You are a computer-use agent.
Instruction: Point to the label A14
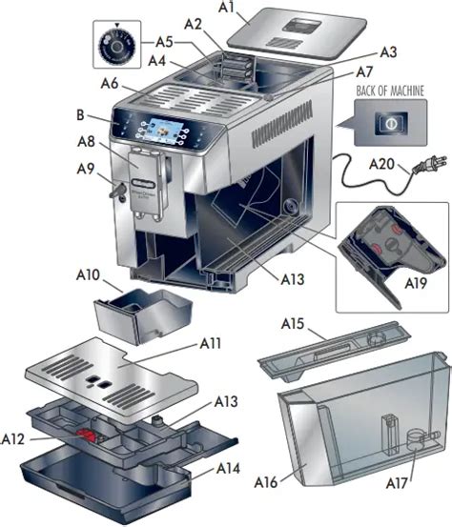(228, 469)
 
